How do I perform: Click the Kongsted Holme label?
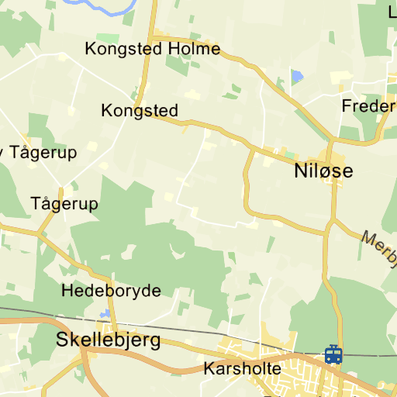(153, 50)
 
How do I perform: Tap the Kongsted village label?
(140, 111)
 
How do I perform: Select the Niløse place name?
(323, 171)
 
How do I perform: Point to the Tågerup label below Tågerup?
(64, 204)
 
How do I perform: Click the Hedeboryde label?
(111, 292)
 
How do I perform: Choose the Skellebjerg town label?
(109, 340)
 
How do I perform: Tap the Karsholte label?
(242, 368)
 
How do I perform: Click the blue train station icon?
(333, 354)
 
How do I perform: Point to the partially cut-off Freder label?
(369, 105)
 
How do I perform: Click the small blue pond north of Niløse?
(297, 76)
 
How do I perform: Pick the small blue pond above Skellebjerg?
(105, 313)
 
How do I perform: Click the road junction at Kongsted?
(136, 107)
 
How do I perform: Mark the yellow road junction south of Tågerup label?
(38, 232)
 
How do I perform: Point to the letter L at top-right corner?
(392, 11)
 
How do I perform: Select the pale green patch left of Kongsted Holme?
(108, 37)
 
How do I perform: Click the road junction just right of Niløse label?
(331, 142)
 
